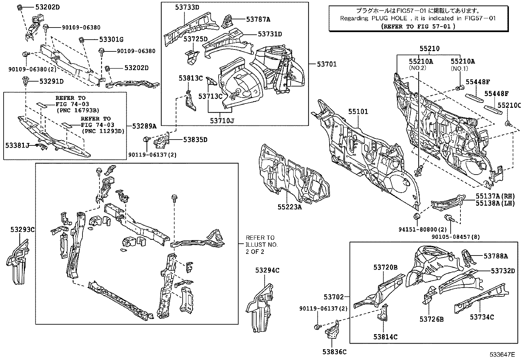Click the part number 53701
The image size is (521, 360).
click(x=326, y=64)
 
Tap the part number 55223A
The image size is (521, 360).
click(x=290, y=207)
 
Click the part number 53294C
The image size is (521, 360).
click(x=267, y=270)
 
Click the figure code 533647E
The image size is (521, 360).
click(x=502, y=354)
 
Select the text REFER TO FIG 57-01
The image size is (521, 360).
click(x=418, y=27)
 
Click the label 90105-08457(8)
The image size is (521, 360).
click(x=456, y=237)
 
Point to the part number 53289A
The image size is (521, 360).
click(x=144, y=126)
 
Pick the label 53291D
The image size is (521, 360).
click(x=51, y=81)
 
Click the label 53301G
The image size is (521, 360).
click(x=111, y=40)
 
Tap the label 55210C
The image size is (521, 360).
click(x=509, y=105)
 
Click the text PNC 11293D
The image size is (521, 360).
click(x=103, y=131)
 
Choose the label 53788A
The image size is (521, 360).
click(x=496, y=256)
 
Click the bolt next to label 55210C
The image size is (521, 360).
click(x=508, y=123)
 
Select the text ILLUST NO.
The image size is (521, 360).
click(x=262, y=245)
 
